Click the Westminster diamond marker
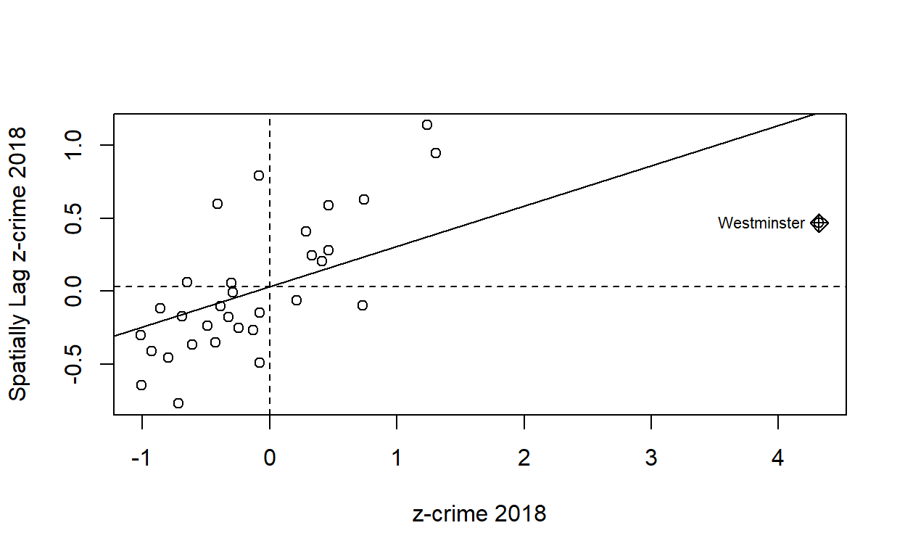coord(819,223)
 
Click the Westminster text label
coord(761,223)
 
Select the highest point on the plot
coord(427,125)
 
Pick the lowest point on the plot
coord(178,403)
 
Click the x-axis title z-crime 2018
coord(479,514)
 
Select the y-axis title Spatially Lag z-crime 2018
coord(19,264)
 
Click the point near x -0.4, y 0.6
coord(218,204)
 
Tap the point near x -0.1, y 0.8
coord(259,176)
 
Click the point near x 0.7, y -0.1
coord(363,305)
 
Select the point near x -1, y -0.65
coord(141,385)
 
